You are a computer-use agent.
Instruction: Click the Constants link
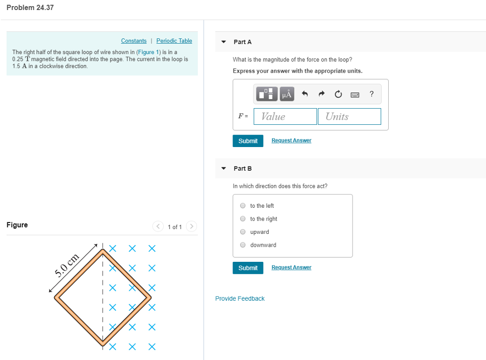[133, 41]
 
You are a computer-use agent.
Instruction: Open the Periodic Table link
[174, 41]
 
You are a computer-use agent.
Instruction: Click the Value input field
[285, 116]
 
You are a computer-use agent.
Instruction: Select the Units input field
[349, 116]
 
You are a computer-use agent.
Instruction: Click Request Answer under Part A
[291, 140]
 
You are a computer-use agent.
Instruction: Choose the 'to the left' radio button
[243, 206]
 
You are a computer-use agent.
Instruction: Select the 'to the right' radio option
[243, 219]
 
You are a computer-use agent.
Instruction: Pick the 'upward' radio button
[243, 232]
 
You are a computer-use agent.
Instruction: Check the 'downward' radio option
[243, 245]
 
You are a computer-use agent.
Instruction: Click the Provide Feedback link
[240, 298]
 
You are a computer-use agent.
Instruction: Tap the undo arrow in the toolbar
[305, 94]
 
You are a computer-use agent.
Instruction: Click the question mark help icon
[371, 94]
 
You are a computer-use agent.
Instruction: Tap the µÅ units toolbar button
[287, 94]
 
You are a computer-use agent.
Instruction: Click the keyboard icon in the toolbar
[355, 94]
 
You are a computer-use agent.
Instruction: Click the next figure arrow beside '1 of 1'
[191, 226]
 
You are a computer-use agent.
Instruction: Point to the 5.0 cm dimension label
[66, 266]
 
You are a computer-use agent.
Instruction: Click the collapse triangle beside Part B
[224, 168]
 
